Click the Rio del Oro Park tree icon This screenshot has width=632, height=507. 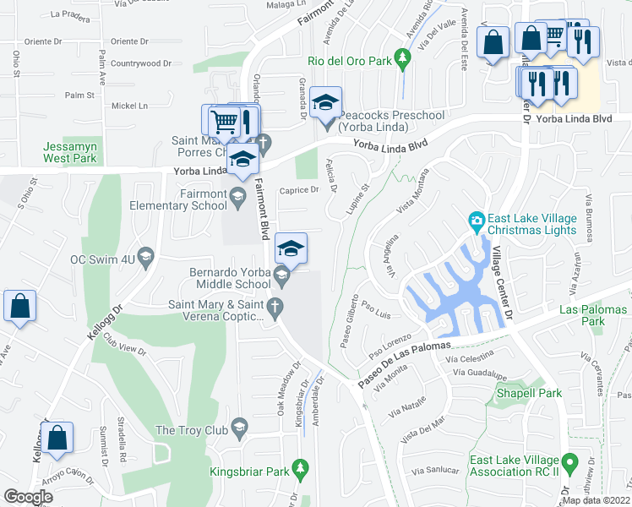point(404,57)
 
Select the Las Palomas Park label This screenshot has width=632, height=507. point(593,315)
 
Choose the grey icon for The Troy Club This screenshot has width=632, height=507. point(241,430)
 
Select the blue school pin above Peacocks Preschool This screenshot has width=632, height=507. point(325,103)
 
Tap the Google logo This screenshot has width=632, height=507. point(28,497)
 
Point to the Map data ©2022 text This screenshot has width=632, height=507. point(596,500)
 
